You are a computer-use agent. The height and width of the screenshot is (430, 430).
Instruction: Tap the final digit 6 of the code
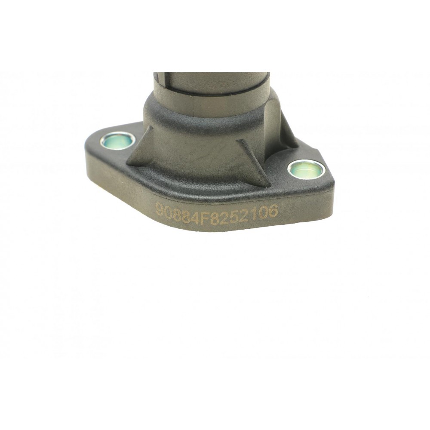click(x=273, y=211)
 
